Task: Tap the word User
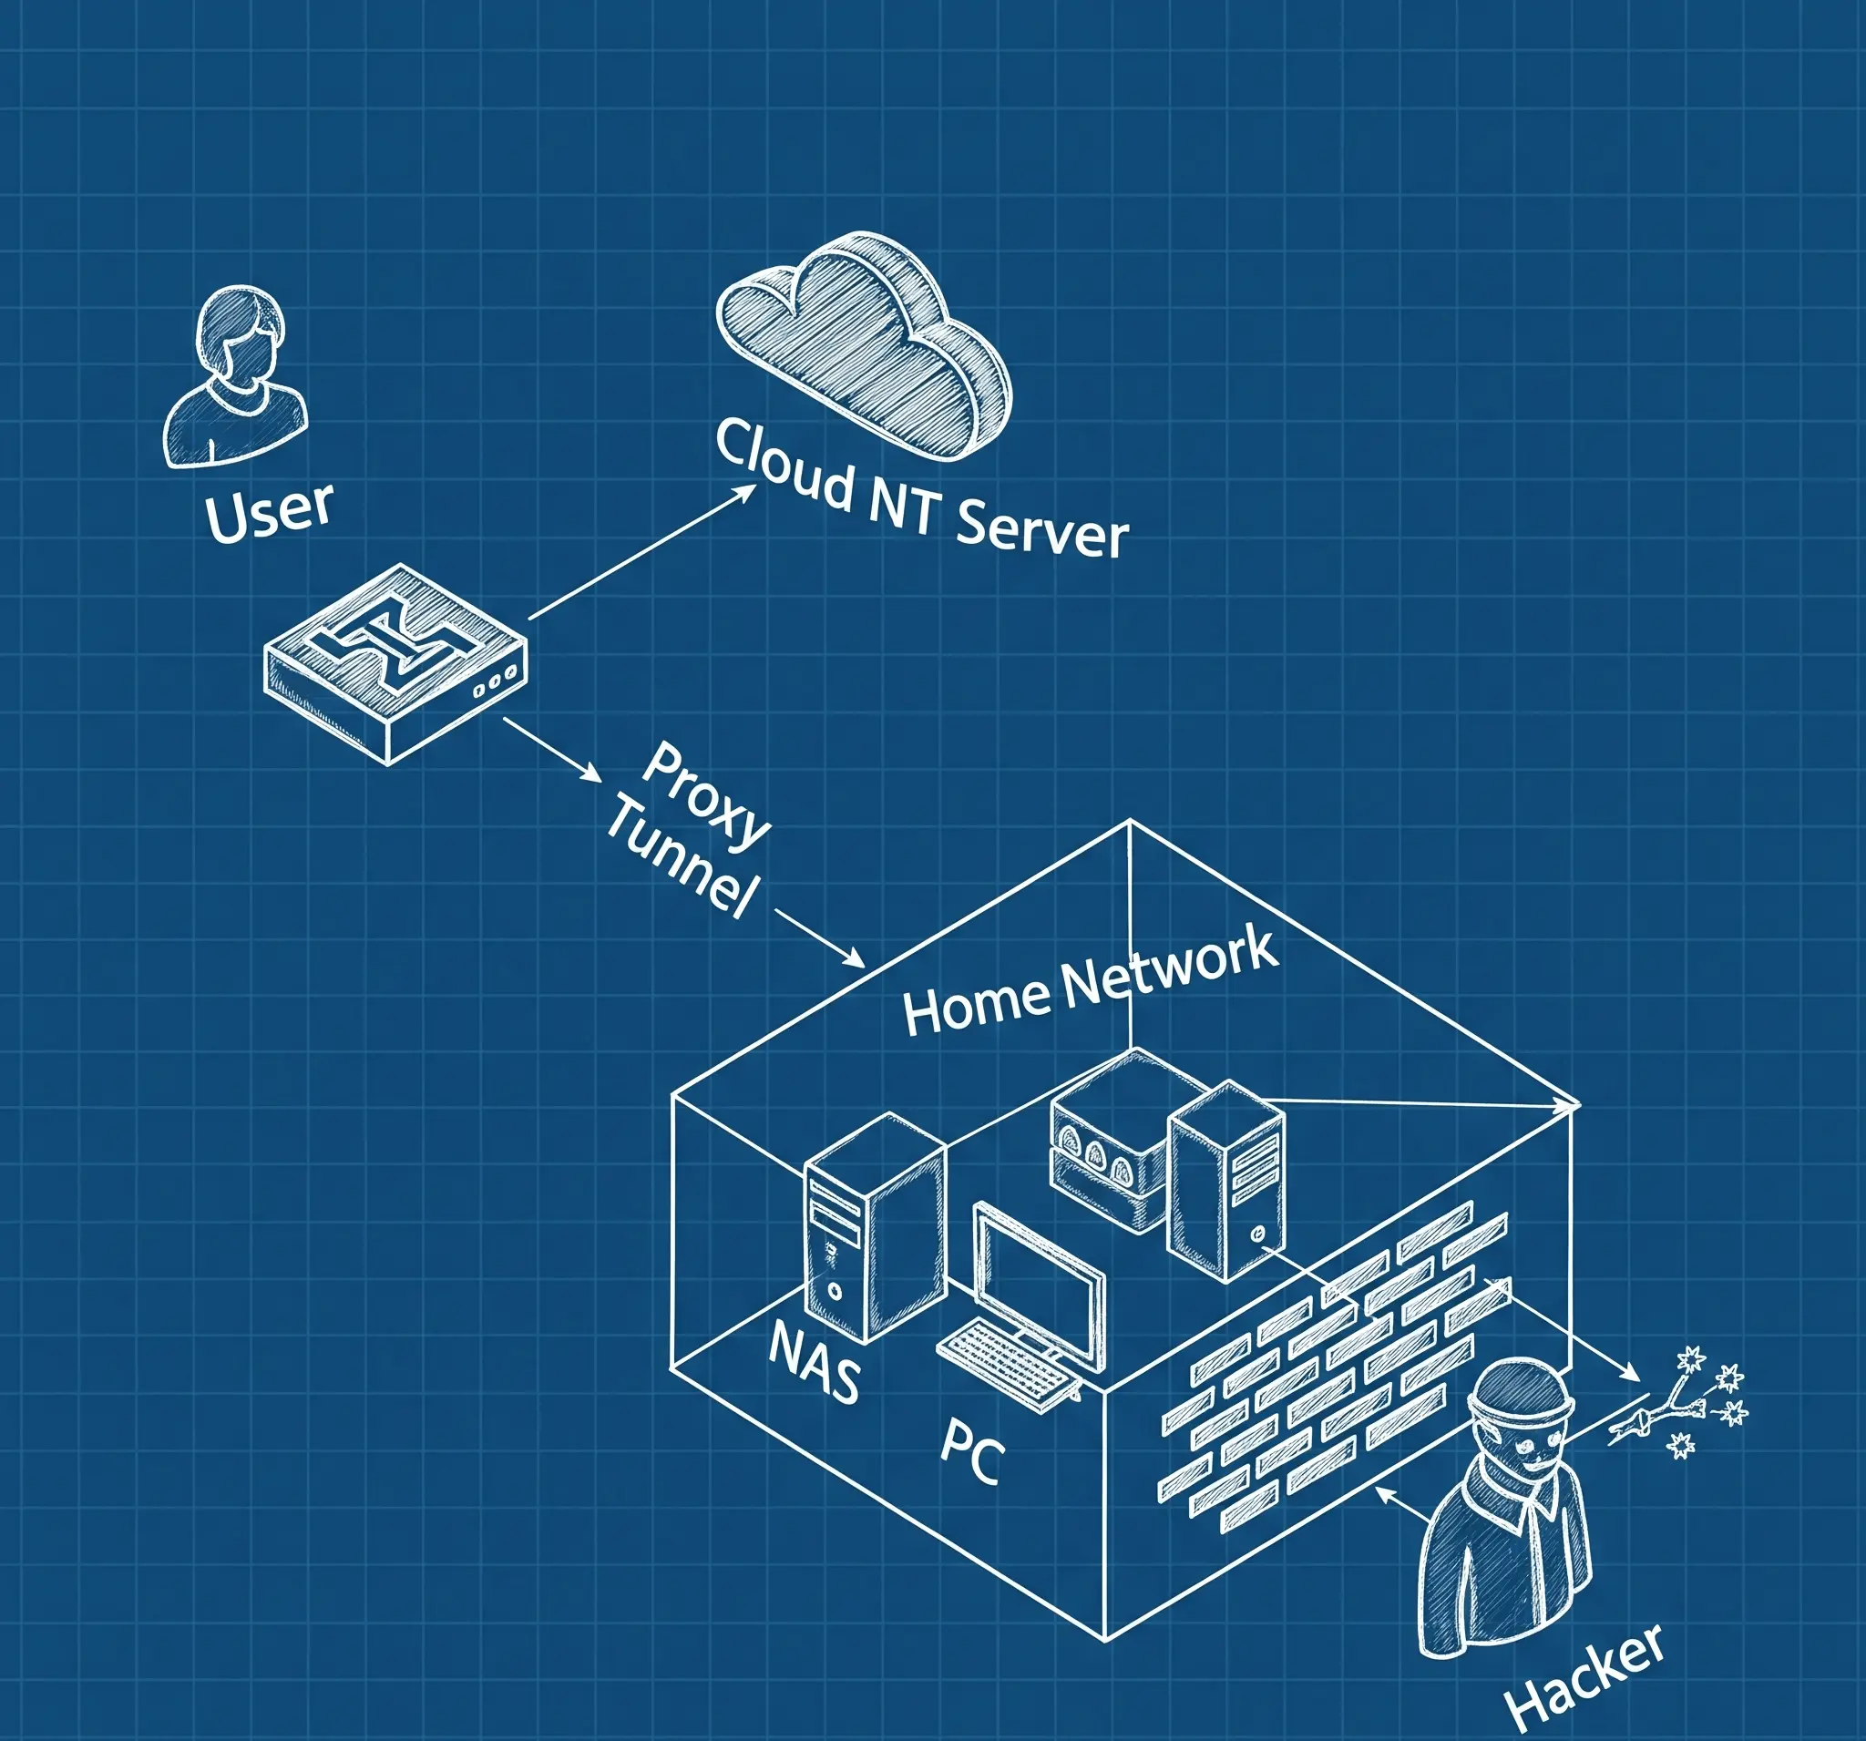(x=269, y=511)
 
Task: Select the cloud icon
(x=864, y=343)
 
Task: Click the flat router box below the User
(x=395, y=661)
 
